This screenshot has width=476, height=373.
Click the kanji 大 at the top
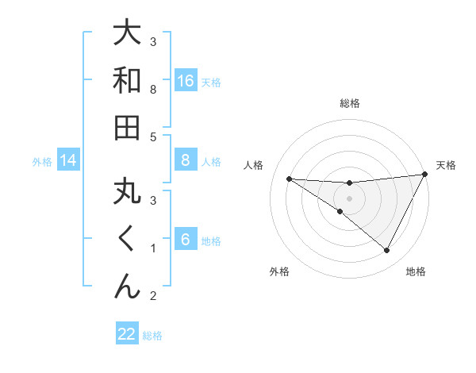pyautogui.click(x=128, y=34)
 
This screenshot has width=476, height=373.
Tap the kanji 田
pyautogui.click(x=128, y=127)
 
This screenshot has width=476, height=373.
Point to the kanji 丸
pyautogui.click(x=128, y=193)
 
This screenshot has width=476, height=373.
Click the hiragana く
pyautogui.click(x=128, y=239)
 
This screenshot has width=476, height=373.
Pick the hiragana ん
pyautogui.click(x=128, y=285)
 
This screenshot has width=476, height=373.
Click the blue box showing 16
pyautogui.click(x=186, y=80)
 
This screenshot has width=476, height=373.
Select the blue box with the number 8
pyautogui.click(x=186, y=160)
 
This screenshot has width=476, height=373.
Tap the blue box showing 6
pyautogui.click(x=186, y=240)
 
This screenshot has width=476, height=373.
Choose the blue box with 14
pyautogui.click(x=68, y=160)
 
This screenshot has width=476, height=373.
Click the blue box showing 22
pyautogui.click(x=127, y=334)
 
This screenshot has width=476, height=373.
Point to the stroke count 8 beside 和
pyautogui.click(x=153, y=90)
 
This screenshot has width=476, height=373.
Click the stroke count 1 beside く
pyautogui.click(x=153, y=248)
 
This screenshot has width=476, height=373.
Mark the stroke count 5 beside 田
pyautogui.click(x=153, y=137)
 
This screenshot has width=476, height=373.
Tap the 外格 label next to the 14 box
pyautogui.click(x=42, y=161)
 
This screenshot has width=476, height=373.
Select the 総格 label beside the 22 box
pyautogui.click(x=152, y=336)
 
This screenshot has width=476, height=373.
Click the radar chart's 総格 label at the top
pyautogui.click(x=350, y=103)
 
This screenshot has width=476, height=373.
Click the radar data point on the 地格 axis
pyautogui.click(x=387, y=251)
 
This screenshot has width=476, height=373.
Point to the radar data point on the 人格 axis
pyautogui.click(x=289, y=179)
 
